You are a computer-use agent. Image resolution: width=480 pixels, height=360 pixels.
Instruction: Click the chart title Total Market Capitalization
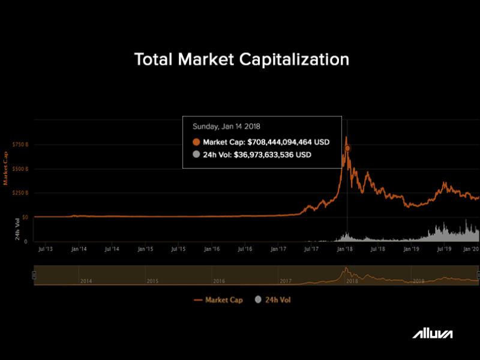(241, 59)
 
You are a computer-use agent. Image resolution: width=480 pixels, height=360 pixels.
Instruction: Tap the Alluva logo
(432, 334)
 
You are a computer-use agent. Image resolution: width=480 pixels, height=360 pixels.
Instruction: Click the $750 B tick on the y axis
(20, 145)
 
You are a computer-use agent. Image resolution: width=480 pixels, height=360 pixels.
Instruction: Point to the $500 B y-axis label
(20, 169)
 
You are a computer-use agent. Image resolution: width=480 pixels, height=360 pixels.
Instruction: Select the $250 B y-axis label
(20, 193)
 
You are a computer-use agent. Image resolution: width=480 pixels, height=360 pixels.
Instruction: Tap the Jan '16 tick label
(211, 248)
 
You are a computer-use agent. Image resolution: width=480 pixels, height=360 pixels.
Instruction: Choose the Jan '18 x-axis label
(344, 248)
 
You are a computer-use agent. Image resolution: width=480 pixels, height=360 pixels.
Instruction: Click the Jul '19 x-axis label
(443, 248)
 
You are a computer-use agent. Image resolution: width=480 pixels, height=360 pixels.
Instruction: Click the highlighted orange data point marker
(347, 148)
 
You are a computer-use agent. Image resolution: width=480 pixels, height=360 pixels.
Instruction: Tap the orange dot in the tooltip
(196, 142)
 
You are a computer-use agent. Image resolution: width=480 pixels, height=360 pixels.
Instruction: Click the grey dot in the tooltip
(196, 154)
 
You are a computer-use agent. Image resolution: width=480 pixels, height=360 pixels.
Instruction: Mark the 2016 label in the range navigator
(218, 281)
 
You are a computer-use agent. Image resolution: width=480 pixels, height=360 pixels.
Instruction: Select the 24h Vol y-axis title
(18, 230)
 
